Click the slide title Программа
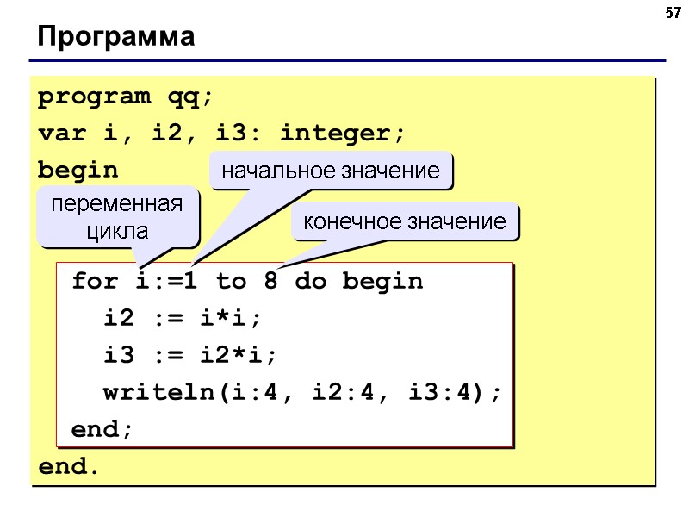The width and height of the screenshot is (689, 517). [116, 38]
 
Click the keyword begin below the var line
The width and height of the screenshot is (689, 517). [78, 171]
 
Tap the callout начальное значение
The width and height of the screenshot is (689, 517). [331, 171]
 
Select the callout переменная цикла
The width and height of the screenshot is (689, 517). [118, 218]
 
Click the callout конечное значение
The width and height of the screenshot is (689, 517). [405, 222]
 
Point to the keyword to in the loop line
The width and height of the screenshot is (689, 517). [231, 282]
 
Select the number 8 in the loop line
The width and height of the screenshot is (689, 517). [270, 282]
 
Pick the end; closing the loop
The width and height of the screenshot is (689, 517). [102, 429]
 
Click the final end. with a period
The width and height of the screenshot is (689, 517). [69, 467]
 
